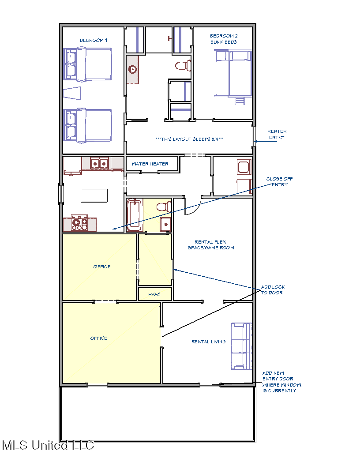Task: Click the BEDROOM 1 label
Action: (94, 40)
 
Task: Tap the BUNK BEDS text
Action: (223, 42)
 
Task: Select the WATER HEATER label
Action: (150, 164)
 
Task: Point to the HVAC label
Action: (154, 294)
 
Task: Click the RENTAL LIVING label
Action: (209, 342)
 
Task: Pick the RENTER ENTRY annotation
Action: (277, 134)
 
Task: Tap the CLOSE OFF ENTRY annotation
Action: (279, 181)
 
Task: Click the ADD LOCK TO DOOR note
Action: (273, 290)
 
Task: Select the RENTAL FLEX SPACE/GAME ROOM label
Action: (211, 245)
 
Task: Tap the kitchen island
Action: (94, 195)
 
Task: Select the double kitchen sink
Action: (99, 163)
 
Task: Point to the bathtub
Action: (134, 215)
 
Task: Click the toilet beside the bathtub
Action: (164, 206)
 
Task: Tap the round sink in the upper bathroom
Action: (132, 70)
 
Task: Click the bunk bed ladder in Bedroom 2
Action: (240, 101)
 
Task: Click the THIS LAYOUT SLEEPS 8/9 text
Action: (190, 139)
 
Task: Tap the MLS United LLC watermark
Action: (48, 445)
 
